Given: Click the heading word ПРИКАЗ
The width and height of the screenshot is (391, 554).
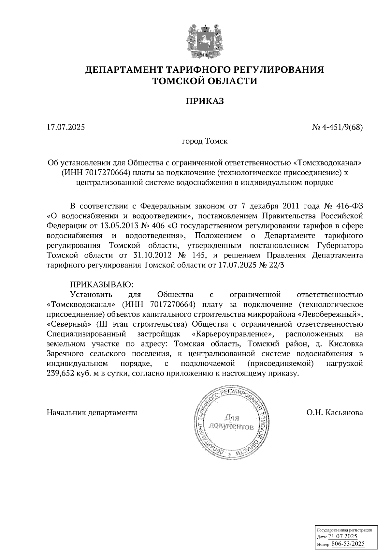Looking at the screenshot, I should (x=205, y=101).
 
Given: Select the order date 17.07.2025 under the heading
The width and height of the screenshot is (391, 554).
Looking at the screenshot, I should (x=66, y=127).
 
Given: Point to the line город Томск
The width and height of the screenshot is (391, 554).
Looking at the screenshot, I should (x=205, y=142).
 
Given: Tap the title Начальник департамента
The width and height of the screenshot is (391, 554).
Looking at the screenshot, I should (x=92, y=412).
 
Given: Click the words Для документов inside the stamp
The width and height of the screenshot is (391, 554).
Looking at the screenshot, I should (x=232, y=422).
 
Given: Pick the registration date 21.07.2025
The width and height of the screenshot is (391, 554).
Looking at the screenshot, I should (x=343, y=537).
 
